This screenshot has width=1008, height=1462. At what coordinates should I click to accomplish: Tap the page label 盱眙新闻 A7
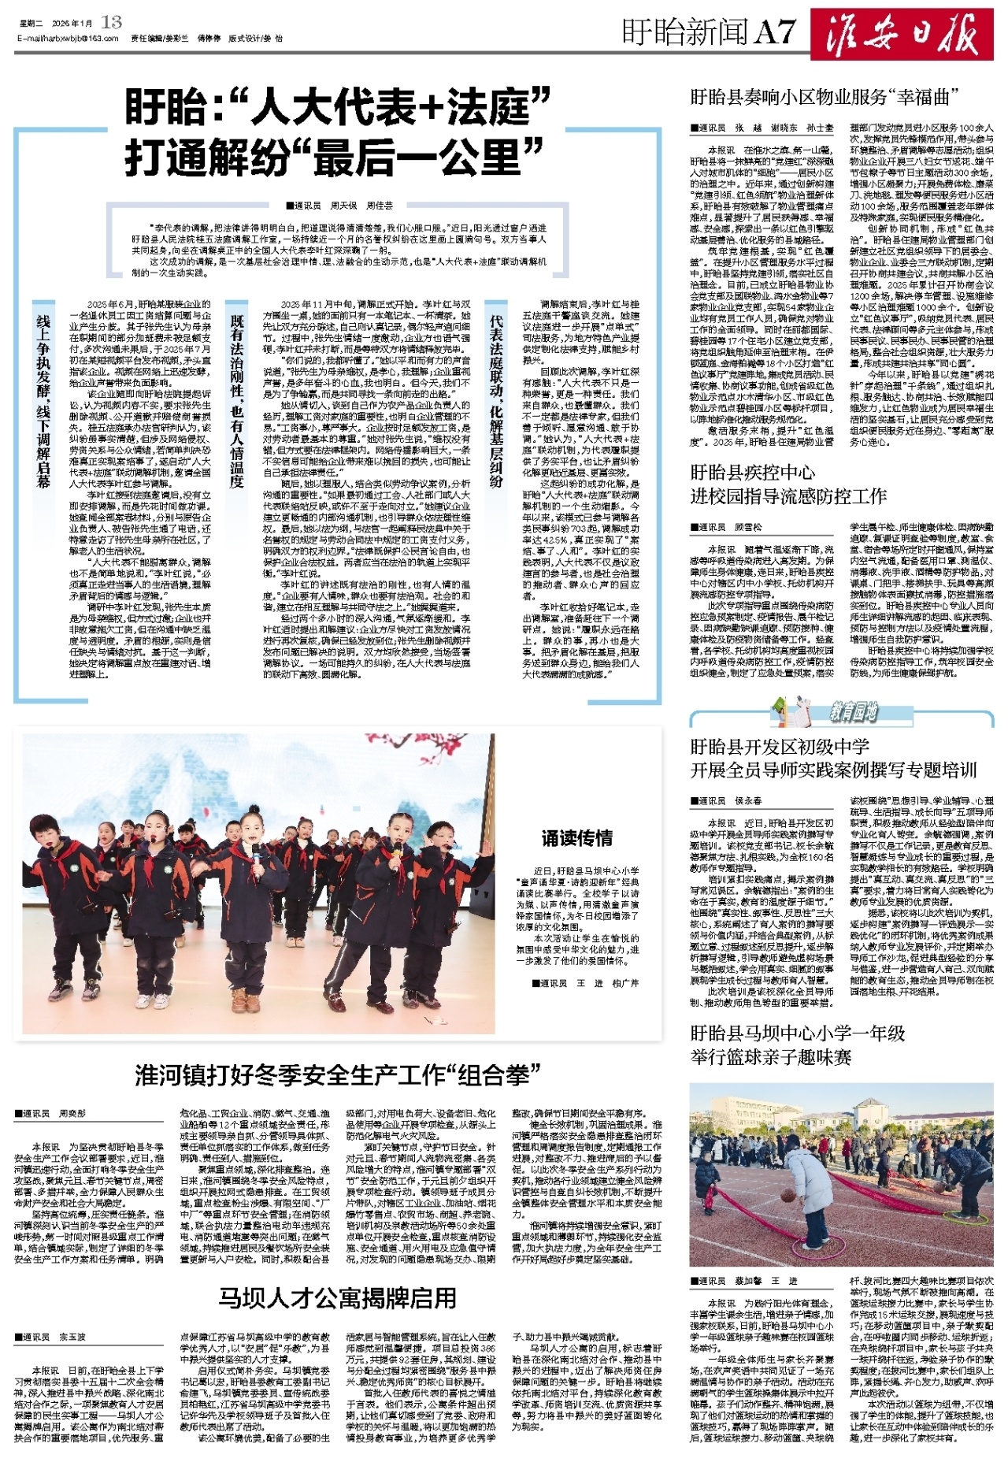pyautogui.click(x=709, y=32)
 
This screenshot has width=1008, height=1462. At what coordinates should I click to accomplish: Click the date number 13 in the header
pyautogui.click(x=112, y=22)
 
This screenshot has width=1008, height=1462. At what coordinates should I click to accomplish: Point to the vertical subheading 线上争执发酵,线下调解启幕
pyautogui.click(x=44, y=401)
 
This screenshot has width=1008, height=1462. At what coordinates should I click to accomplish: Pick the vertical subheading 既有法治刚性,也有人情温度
pyautogui.click(x=237, y=401)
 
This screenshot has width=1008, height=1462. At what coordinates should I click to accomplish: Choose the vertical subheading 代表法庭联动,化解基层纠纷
pyautogui.click(x=496, y=401)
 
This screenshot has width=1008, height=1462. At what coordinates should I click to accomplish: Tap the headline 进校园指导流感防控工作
pyautogui.click(x=788, y=496)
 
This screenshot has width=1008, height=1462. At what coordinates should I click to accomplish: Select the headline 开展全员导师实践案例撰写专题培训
pyautogui.click(x=833, y=770)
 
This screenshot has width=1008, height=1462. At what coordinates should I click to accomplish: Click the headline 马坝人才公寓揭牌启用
pyautogui.click(x=337, y=1297)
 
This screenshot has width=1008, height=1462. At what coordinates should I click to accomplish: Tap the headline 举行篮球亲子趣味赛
pyautogui.click(x=771, y=1056)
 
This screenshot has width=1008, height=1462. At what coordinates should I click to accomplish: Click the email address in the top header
pyautogui.click(x=67, y=38)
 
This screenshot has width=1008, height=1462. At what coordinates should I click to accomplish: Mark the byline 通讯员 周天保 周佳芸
pyautogui.click(x=340, y=206)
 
